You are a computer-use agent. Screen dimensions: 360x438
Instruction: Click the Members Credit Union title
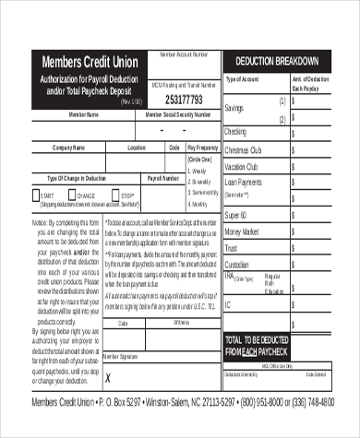[x=87, y=61]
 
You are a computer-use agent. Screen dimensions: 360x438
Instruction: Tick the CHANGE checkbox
[x=74, y=195]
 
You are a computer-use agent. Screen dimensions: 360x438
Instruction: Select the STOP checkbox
[x=115, y=195]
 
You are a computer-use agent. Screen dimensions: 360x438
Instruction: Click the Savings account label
[x=236, y=109]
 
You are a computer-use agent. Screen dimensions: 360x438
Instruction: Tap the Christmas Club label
[x=245, y=149]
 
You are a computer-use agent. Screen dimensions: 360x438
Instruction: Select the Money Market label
[x=243, y=231]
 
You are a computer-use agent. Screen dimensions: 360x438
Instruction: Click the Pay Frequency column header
[x=203, y=148]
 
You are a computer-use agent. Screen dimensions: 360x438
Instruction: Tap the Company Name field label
[x=69, y=148]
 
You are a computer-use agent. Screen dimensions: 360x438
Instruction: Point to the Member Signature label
[x=125, y=355]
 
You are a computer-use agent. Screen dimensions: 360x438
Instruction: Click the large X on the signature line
[x=108, y=377]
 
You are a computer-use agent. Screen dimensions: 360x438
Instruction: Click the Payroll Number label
[x=162, y=176]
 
